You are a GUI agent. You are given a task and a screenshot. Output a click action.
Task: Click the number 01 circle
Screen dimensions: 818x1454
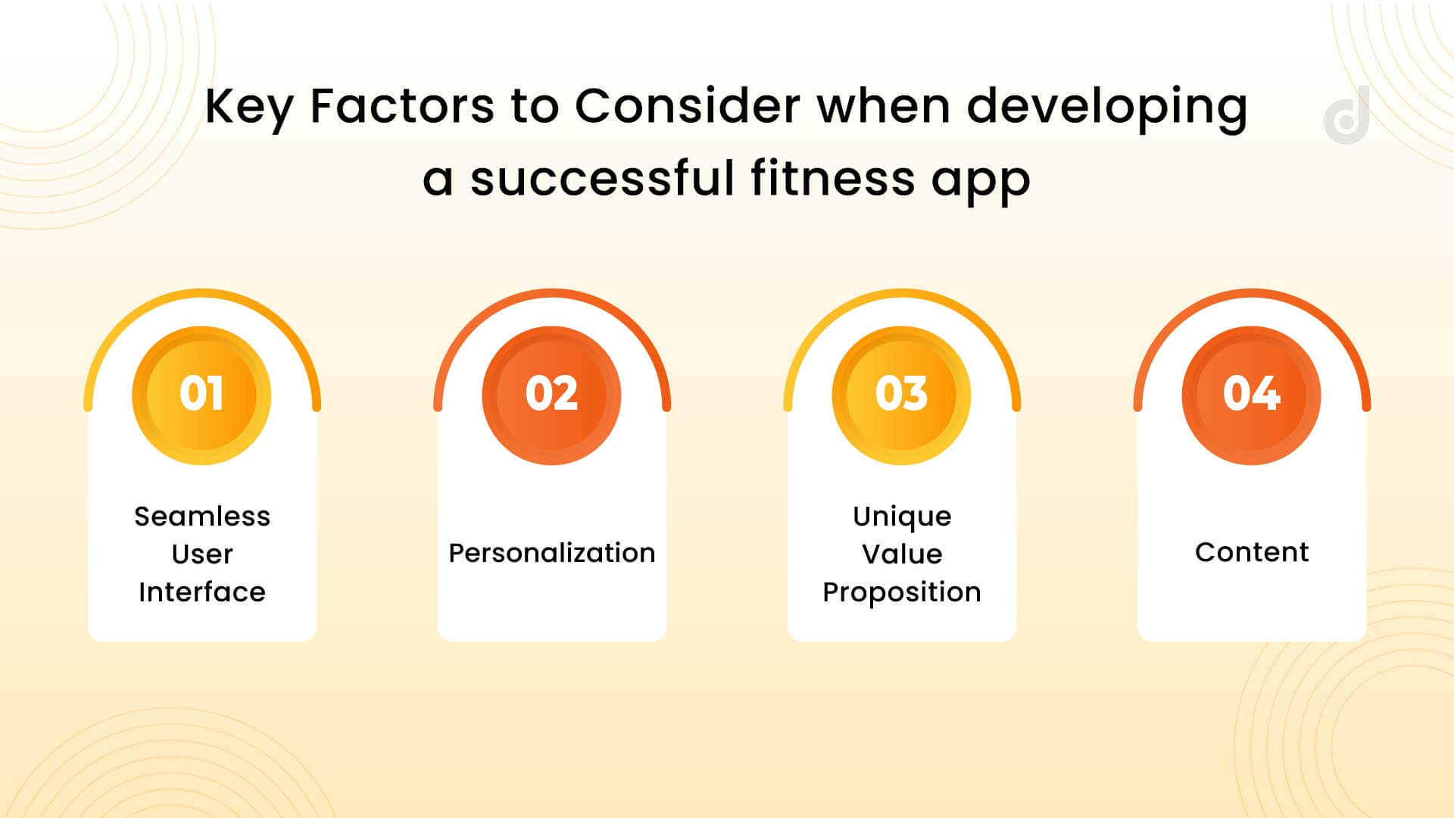click(x=201, y=395)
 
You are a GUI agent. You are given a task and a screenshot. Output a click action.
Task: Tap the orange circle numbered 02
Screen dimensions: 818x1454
click(x=551, y=395)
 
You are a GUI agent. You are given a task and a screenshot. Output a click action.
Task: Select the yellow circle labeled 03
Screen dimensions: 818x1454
click(x=901, y=395)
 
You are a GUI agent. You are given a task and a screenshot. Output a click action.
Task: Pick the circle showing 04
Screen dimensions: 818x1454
click(x=1251, y=395)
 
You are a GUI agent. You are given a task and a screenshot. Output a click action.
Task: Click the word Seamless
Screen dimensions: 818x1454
click(x=202, y=517)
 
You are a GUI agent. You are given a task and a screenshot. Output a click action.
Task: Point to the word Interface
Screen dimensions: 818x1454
click(x=202, y=592)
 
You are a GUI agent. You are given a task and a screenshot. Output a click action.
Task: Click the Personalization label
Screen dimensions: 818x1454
click(x=551, y=554)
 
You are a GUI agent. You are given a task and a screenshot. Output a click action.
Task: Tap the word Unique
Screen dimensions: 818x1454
click(x=901, y=517)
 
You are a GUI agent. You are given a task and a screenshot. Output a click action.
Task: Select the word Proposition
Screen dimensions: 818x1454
click(x=901, y=592)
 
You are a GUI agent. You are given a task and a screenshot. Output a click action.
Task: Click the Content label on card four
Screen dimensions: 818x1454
click(x=1251, y=552)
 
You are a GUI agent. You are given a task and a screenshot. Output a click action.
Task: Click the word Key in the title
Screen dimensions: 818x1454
click(x=248, y=108)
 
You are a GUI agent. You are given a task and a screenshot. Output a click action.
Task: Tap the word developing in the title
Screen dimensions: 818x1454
click(x=1106, y=108)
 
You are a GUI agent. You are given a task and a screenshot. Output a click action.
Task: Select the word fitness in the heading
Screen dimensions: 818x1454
click(x=833, y=179)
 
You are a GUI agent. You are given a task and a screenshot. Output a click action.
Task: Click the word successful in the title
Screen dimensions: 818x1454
click(x=602, y=179)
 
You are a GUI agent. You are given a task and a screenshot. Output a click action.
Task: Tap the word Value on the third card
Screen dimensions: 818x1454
click(x=901, y=554)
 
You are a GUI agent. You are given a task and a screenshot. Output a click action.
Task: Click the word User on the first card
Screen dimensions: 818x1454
click(x=202, y=554)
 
